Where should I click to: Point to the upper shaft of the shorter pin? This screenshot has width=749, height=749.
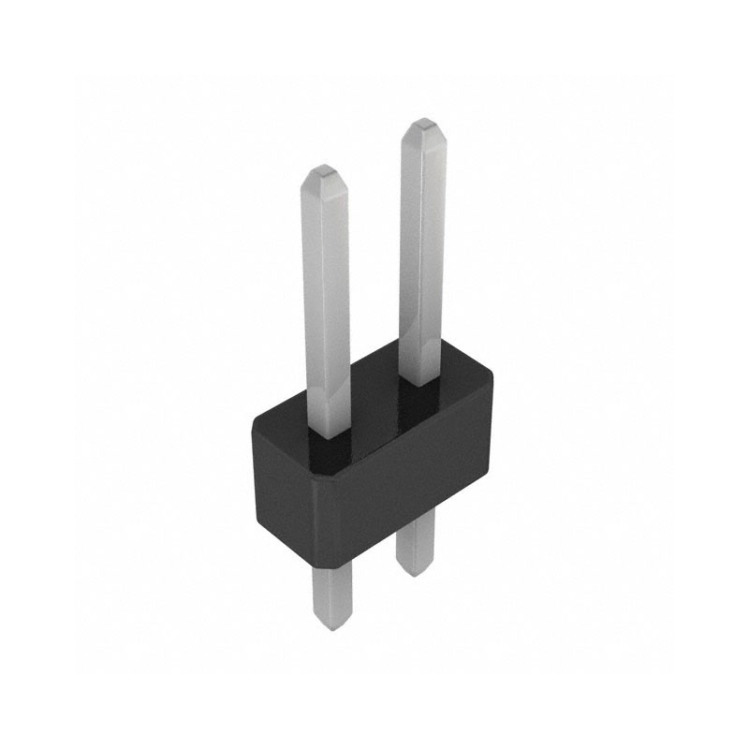327,300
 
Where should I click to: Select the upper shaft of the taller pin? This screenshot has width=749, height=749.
423,253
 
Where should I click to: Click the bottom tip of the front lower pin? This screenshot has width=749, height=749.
330,625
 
